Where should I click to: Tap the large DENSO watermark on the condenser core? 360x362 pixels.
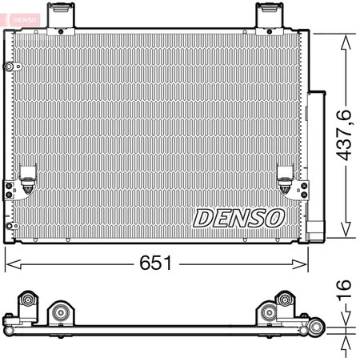click(238, 217)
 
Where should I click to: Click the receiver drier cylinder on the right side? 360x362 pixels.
click(317, 164)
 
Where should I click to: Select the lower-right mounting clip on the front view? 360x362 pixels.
click(284, 178)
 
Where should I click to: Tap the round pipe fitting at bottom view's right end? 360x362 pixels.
click(316, 327)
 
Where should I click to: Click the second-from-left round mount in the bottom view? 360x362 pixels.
click(60, 312)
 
